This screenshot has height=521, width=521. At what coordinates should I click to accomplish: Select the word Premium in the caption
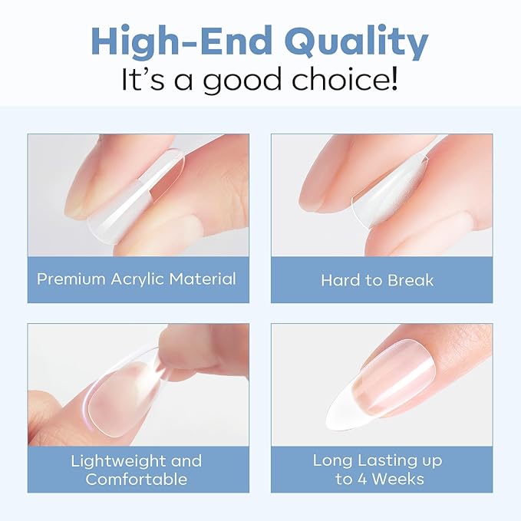(71, 279)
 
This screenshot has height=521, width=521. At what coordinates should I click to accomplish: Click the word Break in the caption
(410, 280)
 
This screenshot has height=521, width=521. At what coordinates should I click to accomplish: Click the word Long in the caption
(333, 461)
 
